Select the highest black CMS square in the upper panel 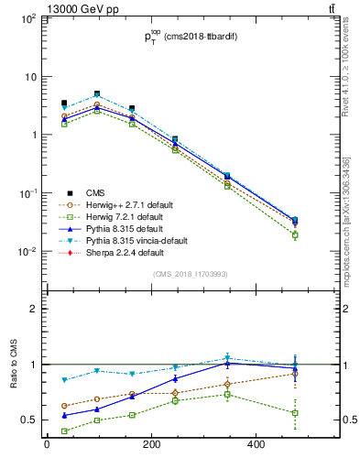[97, 94]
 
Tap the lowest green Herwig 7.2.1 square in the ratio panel [64, 431]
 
